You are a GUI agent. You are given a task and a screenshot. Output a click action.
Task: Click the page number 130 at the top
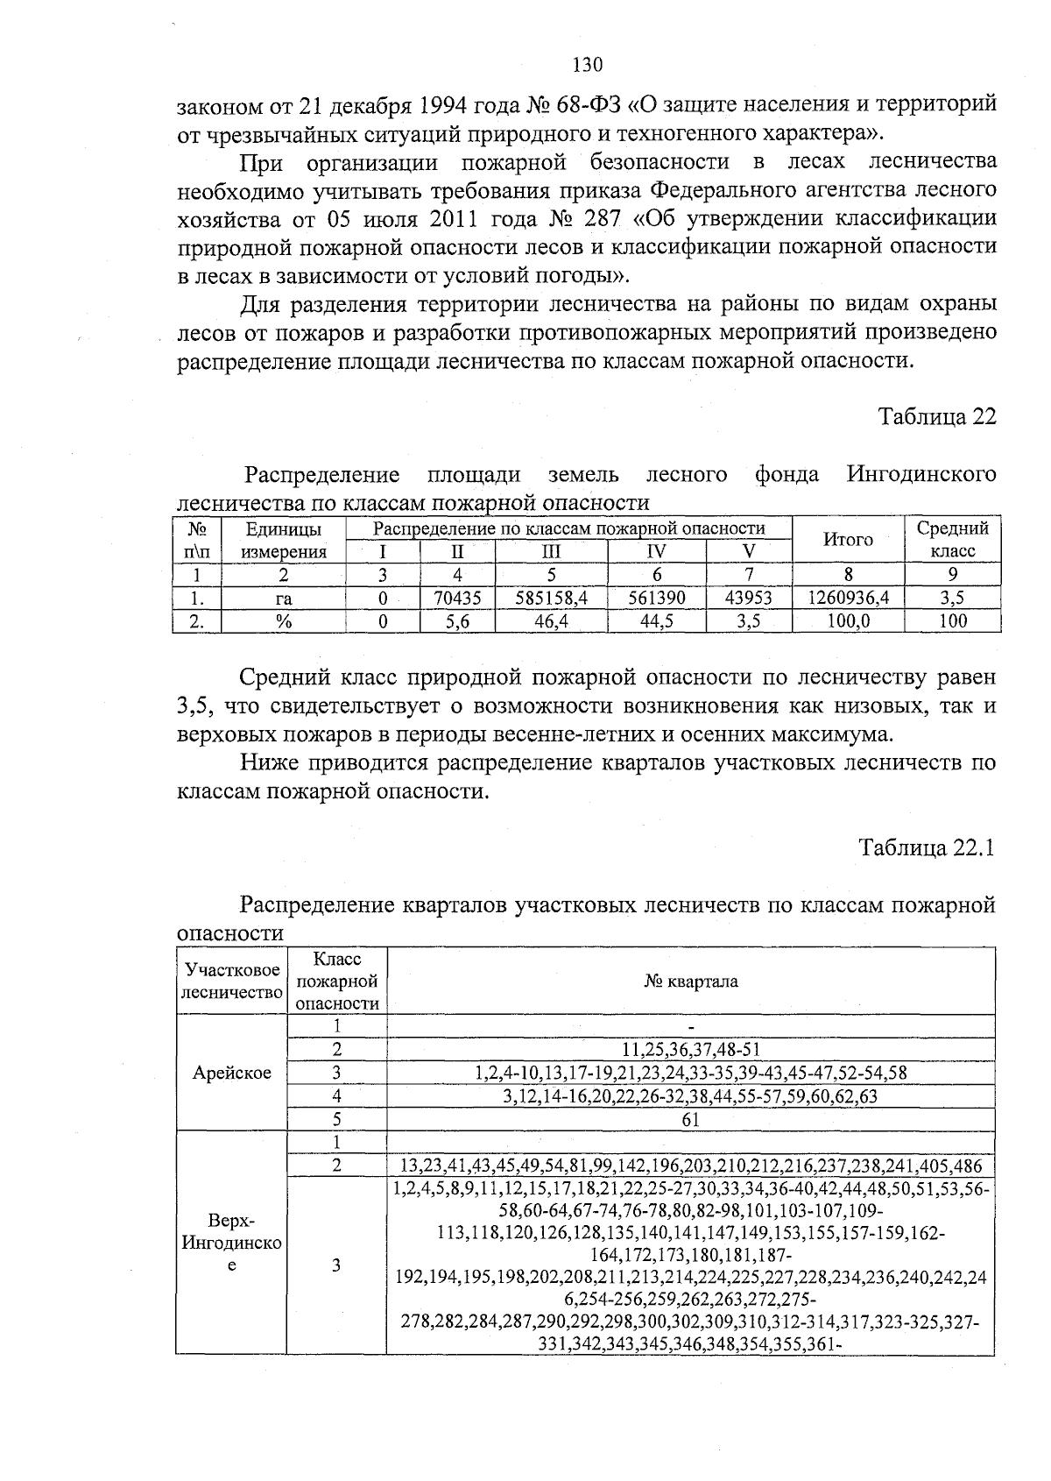point(587,65)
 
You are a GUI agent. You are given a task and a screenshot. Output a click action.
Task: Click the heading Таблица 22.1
point(927,848)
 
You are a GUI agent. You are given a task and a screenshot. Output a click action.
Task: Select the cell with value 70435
point(457,599)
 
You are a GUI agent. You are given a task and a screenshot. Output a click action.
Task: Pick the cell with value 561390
point(656,599)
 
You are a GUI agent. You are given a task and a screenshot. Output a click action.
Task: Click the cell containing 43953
point(749,599)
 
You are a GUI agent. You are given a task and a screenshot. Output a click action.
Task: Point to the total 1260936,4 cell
point(847,599)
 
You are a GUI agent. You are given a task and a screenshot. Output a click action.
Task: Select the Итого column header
point(847,540)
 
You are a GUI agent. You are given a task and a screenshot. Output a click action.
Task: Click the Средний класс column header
point(952,540)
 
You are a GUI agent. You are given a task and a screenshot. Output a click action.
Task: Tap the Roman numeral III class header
point(551,552)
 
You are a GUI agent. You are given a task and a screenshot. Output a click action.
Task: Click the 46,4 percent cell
point(551,621)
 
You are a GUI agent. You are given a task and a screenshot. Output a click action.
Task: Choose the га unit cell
point(283,599)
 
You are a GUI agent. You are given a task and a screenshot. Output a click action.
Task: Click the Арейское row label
point(231,1074)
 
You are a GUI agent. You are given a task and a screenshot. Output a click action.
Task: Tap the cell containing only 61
point(690,1120)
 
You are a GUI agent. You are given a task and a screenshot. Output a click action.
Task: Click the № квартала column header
point(690,981)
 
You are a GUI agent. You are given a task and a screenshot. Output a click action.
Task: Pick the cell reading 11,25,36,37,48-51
point(690,1050)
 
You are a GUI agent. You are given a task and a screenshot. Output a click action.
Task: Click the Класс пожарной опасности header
point(336,981)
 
